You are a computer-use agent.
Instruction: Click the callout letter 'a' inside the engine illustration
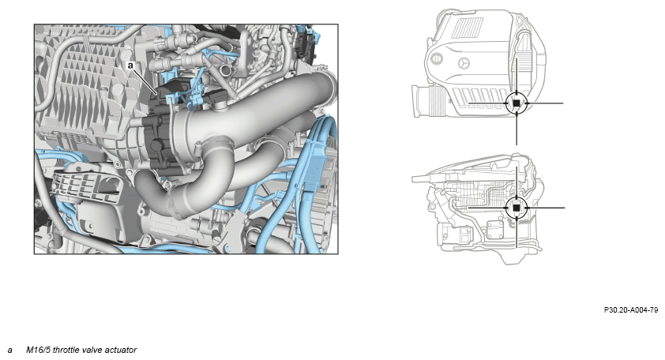130,66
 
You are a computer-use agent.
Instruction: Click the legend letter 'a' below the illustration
9,351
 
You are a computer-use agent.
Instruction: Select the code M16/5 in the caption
38,350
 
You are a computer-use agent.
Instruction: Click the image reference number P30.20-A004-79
631,310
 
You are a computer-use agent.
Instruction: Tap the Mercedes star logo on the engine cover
465,63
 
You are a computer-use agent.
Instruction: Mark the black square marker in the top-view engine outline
517,103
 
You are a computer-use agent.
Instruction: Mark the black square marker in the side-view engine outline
517,208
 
